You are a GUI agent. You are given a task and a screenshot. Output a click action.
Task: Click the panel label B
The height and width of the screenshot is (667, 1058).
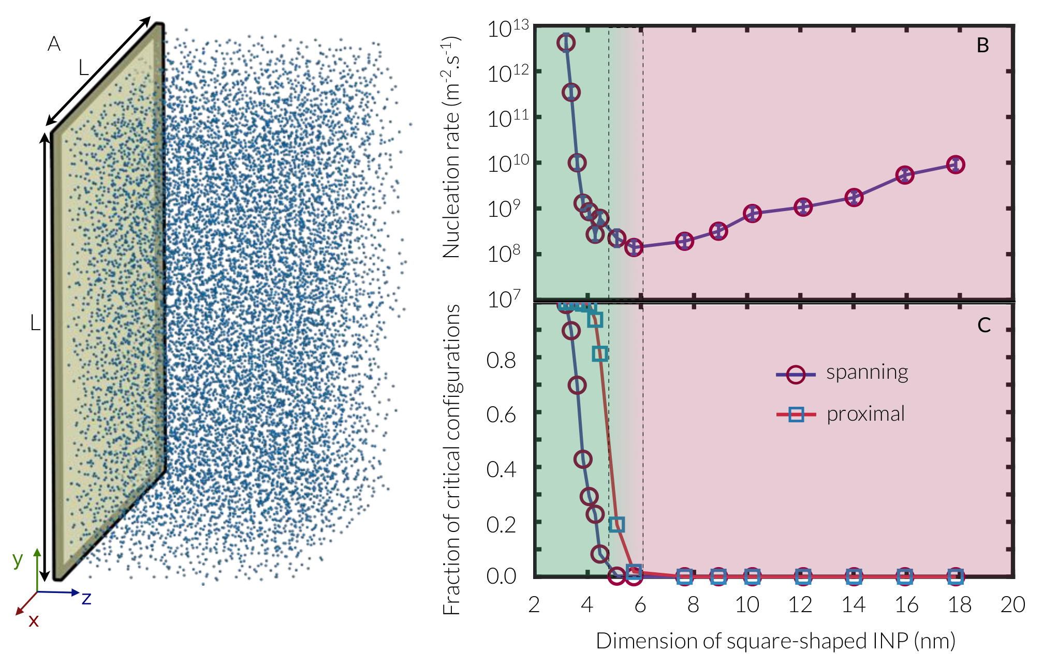tap(982, 46)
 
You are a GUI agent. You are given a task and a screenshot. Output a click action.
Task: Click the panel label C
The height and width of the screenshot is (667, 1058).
tap(983, 325)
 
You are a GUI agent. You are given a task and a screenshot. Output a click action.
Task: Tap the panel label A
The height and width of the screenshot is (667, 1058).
tap(54, 44)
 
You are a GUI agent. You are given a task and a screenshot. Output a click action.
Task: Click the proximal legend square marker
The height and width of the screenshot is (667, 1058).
tap(796, 414)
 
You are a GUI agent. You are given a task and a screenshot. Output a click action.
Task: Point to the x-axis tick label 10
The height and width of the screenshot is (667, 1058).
tap(747, 604)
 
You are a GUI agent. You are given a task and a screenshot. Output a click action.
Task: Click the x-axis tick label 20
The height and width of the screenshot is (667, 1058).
tap(1012, 604)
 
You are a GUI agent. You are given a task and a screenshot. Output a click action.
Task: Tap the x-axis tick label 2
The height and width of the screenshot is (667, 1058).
tap(534, 604)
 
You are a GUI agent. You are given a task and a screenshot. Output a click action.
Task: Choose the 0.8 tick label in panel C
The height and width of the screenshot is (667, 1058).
tap(501, 360)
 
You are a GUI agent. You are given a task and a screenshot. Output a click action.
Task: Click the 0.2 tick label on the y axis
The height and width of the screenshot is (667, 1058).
tap(501, 525)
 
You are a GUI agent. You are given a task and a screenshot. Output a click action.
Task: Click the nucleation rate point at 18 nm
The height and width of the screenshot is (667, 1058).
tap(955, 165)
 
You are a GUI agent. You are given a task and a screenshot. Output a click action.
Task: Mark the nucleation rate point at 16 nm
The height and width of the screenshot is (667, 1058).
tap(904, 175)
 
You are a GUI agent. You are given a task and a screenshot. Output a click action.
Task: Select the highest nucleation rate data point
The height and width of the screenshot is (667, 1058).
tap(566, 42)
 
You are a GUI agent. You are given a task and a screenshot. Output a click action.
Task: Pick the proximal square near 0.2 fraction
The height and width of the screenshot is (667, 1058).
tap(616, 525)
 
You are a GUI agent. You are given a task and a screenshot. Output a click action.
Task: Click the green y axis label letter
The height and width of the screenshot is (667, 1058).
tap(18, 560)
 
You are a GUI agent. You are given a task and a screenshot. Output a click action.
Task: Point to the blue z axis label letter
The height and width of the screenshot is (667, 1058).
tap(86, 599)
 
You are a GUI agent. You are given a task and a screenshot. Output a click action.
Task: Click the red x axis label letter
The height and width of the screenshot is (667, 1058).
tap(34, 620)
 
